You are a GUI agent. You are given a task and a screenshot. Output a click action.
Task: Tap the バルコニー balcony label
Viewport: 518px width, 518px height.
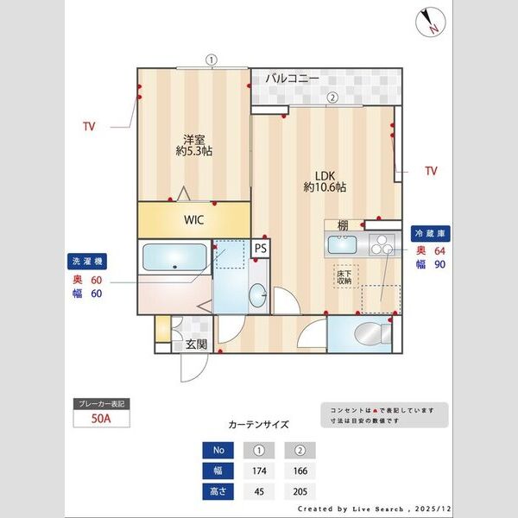(292, 79)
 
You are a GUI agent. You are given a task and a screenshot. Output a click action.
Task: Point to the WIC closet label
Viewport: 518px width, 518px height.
(193, 220)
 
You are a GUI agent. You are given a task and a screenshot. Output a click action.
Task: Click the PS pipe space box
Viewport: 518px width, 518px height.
(261, 249)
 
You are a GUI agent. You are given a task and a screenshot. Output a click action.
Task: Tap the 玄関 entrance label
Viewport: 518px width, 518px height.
(196, 344)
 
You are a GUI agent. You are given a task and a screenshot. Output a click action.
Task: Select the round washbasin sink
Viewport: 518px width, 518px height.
(258, 296)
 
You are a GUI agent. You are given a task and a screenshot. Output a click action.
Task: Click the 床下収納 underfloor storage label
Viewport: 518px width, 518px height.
(344, 276)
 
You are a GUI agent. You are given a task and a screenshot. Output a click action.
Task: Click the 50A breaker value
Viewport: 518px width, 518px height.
(102, 420)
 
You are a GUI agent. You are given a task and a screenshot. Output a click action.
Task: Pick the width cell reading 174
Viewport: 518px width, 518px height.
(258, 471)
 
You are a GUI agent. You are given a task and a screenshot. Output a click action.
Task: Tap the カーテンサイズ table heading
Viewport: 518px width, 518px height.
(258, 425)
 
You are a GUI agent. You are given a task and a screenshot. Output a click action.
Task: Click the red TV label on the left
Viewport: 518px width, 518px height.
(89, 127)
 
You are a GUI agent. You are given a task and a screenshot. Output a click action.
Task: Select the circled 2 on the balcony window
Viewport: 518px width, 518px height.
(331, 98)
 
